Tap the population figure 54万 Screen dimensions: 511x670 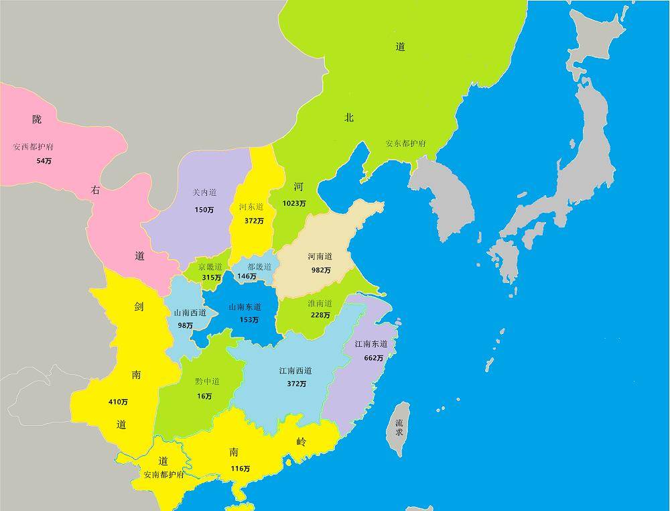pyautogui.click(x=44, y=161)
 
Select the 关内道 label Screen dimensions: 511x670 pyautogui.click(x=204, y=192)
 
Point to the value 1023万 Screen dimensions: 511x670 pyautogui.click(x=294, y=203)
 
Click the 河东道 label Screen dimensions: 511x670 pyautogui.click(x=251, y=207)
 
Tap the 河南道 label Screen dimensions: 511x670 pyautogui.click(x=320, y=256)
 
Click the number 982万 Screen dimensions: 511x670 pyautogui.click(x=320, y=270)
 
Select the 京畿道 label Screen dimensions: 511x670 pyautogui.click(x=210, y=266)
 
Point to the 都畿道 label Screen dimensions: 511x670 pyautogui.click(x=259, y=266)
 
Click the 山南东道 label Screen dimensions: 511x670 pyautogui.click(x=245, y=306)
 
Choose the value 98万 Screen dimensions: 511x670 pyautogui.click(x=185, y=325)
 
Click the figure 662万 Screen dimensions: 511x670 pyautogui.click(x=374, y=358)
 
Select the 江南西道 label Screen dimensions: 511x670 pyautogui.click(x=295, y=371)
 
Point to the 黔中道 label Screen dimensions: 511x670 pyautogui.click(x=207, y=382)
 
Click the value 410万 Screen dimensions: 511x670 pyautogui.click(x=118, y=402)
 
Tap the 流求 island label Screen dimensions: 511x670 pyautogui.click(x=399, y=428)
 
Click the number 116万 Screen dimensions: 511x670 pyautogui.click(x=240, y=469)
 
